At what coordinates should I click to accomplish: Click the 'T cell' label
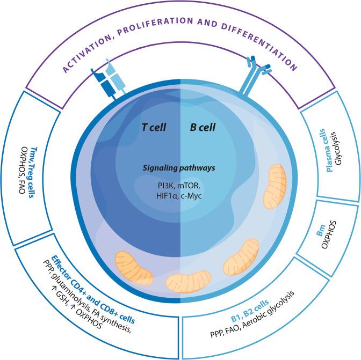tap(153, 127)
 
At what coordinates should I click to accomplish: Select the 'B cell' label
tap(204, 127)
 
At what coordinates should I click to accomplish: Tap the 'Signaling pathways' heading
tap(179, 168)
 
